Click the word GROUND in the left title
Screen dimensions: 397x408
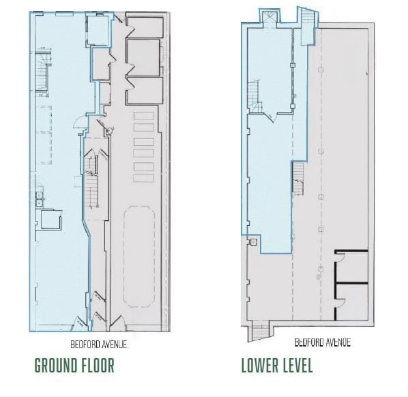[58, 365]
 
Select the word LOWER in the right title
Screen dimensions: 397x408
[258, 365]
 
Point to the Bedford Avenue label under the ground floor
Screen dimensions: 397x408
[99, 344]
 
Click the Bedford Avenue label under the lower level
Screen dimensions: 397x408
[322, 342]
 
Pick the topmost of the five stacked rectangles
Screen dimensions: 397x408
[144, 117]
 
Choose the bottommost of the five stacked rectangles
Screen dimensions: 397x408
[144, 178]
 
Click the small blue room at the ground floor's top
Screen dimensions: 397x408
[98, 31]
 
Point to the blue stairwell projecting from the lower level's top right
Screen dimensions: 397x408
[308, 18]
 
